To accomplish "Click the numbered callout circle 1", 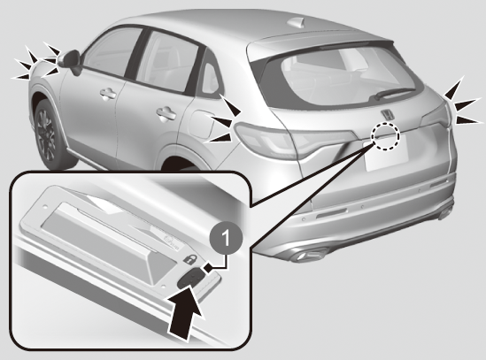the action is click(x=227, y=238).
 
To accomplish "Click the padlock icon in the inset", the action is click(x=189, y=258).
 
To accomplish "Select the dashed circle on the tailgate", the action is click(x=386, y=135).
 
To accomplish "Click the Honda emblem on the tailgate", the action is click(x=387, y=114).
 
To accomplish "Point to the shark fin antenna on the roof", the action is click(x=297, y=23).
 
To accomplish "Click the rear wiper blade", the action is click(x=394, y=93).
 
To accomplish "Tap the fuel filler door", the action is click(x=201, y=124).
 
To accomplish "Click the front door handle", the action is click(x=108, y=94).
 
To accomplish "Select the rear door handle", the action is click(x=166, y=114).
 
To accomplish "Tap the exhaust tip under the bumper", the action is click(x=309, y=255).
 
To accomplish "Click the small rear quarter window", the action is click(x=210, y=80).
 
